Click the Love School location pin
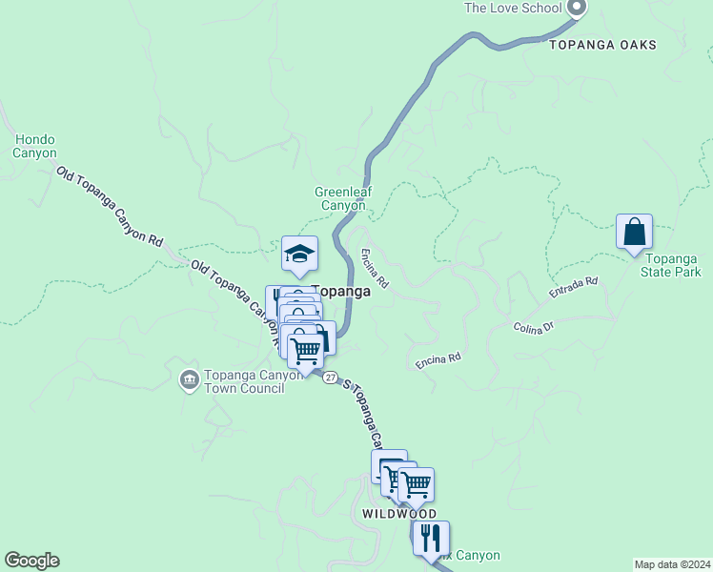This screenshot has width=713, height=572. [576, 8]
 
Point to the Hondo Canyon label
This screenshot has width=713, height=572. [34, 146]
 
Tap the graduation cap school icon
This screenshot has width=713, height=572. [299, 253]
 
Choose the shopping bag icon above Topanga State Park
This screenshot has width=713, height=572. [634, 232]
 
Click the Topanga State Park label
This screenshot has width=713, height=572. [673, 265]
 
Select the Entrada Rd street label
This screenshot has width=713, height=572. [573, 289]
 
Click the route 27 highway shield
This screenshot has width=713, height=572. [330, 378]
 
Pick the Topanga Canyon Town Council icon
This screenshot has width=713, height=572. [189, 379]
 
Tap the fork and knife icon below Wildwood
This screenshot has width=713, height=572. [431, 538]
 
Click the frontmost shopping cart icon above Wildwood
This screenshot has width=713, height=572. [416, 484]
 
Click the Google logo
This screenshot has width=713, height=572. [31, 561]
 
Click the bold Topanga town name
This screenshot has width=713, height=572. [341, 292]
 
